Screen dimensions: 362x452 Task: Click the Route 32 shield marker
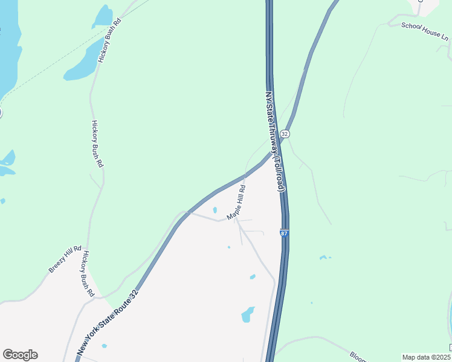click(x=285, y=133)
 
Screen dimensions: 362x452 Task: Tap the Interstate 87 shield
click(x=283, y=232)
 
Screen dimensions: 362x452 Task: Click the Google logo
click(x=20, y=355)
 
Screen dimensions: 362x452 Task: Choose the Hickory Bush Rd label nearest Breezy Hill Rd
click(x=88, y=273)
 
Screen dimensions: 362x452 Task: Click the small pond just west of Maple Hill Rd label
click(x=215, y=210)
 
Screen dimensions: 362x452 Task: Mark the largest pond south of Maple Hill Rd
click(x=248, y=314)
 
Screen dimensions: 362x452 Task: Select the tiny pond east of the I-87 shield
click(x=324, y=258)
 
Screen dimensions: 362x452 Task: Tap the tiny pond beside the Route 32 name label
click(x=105, y=346)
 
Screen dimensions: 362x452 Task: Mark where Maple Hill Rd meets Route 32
click(x=245, y=176)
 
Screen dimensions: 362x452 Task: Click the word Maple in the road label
click(x=232, y=211)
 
